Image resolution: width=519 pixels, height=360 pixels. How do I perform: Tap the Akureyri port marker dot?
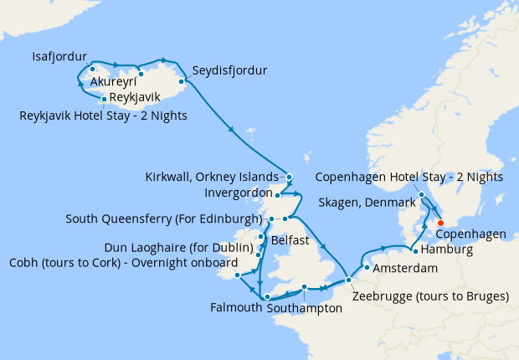coord(141,74)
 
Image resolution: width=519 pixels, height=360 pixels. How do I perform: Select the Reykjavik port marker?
coord(104,99)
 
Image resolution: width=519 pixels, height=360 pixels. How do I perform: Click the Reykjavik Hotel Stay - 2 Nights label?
coord(103,115)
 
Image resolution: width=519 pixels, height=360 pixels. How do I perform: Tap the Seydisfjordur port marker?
coord(182,81)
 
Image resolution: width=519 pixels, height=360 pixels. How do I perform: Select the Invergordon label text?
coord(239,193)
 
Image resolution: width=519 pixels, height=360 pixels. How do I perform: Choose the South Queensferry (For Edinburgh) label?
coord(165,219)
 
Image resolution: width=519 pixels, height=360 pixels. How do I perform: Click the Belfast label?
coord(290,240)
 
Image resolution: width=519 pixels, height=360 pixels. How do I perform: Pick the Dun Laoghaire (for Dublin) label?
coord(178,248)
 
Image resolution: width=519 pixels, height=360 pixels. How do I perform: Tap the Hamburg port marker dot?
coord(416,249)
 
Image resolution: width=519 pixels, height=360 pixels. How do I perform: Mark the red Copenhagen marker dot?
coord(439,223)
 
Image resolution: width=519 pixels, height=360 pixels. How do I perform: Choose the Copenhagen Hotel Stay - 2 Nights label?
coord(409,177)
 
